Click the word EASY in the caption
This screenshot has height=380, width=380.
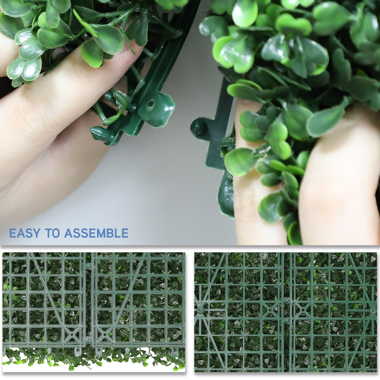coord(25,233)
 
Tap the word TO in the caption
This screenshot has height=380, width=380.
coord(52,233)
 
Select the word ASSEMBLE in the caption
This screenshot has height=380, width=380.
coord(97,233)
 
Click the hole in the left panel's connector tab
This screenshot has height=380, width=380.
coord(150,104)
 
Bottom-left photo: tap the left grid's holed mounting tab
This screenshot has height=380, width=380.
coord(78,351)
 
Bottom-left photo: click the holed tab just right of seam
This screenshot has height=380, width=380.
coord(99,351)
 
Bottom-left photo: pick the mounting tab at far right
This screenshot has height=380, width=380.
coord(175,351)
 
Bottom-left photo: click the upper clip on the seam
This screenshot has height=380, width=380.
coord(88,266)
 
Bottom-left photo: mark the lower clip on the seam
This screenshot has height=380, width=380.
coord(88,339)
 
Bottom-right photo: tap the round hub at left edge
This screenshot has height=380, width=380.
coord(200,310)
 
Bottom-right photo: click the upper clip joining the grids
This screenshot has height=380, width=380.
coord(286,300)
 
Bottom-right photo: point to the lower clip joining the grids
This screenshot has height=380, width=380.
coord(286,320)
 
